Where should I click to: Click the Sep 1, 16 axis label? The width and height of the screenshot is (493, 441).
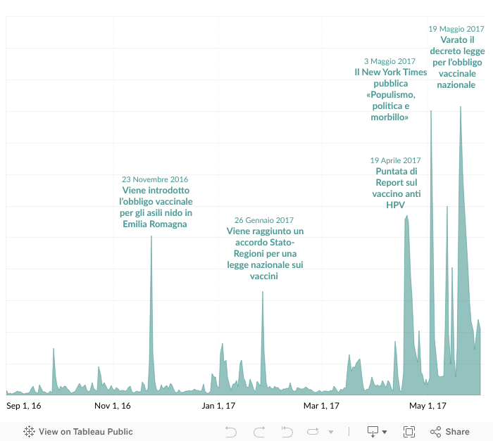click(24, 406)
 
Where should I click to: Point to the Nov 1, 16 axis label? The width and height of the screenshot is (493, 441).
click(113, 406)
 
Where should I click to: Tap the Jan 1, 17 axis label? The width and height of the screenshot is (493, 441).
click(218, 406)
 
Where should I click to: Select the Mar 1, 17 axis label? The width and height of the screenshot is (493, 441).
click(322, 406)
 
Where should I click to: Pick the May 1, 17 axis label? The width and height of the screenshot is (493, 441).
click(428, 406)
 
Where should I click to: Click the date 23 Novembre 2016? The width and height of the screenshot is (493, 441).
click(155, 179)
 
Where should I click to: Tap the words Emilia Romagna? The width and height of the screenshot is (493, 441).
click(155, 224)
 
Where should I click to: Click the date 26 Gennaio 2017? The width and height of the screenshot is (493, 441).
click(264, 220)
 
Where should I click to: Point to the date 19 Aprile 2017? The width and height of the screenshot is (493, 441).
click(395, 160)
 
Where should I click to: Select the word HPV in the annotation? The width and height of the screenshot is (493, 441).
click(395, 205)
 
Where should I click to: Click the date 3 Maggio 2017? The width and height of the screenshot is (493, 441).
click(390, 61)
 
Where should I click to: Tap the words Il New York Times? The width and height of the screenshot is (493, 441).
click(390, 72)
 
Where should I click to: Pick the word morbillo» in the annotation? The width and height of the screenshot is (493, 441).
click(390, 117)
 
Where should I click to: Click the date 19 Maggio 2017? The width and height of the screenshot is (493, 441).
click(456, 29)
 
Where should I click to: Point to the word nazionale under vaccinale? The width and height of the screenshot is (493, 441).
click(456, 84)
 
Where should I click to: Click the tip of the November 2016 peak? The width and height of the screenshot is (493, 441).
click(151, 236)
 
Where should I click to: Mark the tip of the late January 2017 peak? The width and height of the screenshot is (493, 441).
click(263, 292)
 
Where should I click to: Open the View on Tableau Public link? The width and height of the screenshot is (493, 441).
click(78, 432)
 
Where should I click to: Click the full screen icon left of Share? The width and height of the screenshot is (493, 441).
click(409, 432)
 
